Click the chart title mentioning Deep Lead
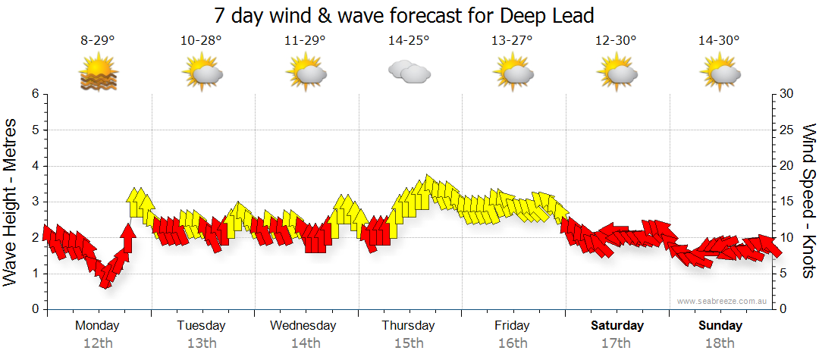[403, 15]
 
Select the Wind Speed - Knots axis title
[808, 201]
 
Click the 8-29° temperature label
[98, 41]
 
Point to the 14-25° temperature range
[409, 41]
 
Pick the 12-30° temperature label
[616, 41]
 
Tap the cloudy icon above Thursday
[409, 72]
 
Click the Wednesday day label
[303, 326]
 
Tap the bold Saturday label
[617, 326]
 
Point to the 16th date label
[513, 343]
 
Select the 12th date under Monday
[98, 343]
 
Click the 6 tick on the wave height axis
[34, 94]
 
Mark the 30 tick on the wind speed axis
[786, 94]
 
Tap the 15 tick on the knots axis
[786, 202]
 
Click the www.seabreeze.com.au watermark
[723, 302]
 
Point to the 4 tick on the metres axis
[34, 166]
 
